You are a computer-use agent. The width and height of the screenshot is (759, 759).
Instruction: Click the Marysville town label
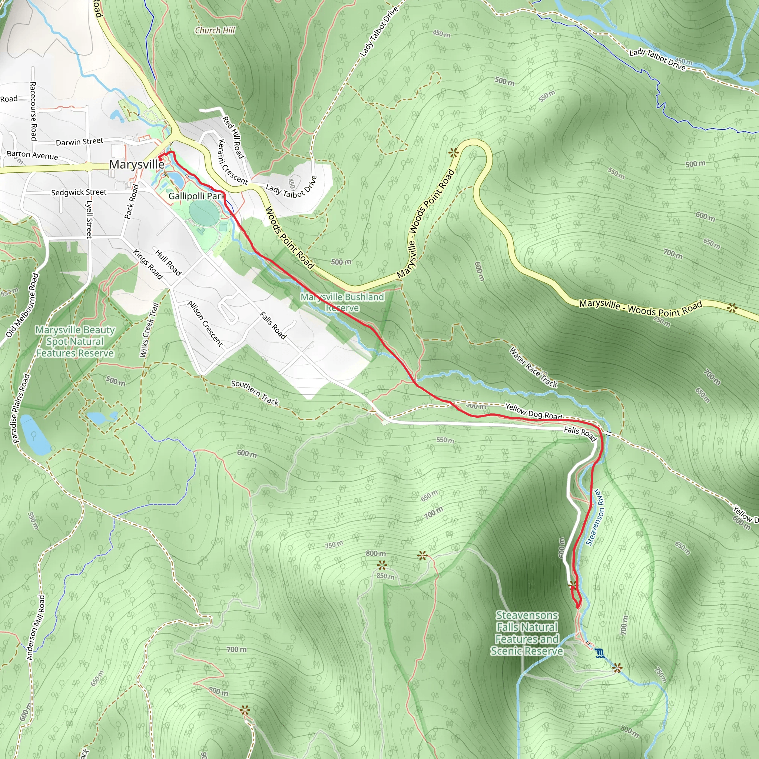point(137,164)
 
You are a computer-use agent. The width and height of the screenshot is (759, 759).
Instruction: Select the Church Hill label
point(215,30)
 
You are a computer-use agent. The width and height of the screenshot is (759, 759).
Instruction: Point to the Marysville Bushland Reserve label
point(342,302)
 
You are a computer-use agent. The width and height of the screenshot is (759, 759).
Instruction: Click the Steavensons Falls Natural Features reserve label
point(527,633)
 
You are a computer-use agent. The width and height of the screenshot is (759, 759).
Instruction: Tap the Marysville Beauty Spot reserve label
point(75,341)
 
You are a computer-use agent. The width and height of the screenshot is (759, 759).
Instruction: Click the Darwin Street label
point(79,142)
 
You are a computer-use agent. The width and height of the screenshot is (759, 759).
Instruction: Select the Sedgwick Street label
point(79,192)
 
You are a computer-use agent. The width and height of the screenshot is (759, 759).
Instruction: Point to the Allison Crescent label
point(205,324)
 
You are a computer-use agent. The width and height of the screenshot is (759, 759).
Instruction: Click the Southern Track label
point(255,392)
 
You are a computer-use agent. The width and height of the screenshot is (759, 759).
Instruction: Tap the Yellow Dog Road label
point(534,411)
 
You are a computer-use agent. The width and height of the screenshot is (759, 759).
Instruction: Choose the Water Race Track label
point(533,367)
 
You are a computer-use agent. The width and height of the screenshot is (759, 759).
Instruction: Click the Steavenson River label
point(595,517)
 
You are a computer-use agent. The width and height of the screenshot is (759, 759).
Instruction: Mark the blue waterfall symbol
point(599,653)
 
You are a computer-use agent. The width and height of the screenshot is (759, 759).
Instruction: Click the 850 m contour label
point(385,576)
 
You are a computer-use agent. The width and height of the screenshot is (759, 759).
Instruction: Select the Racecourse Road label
point(33,111)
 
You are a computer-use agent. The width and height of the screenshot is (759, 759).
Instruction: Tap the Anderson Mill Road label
point(36,627)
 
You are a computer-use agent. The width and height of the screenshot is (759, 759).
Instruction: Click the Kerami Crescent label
point(233,162)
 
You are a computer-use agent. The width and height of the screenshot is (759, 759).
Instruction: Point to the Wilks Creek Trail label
point(149,330)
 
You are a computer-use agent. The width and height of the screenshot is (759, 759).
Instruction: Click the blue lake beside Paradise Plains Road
point(34,434)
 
